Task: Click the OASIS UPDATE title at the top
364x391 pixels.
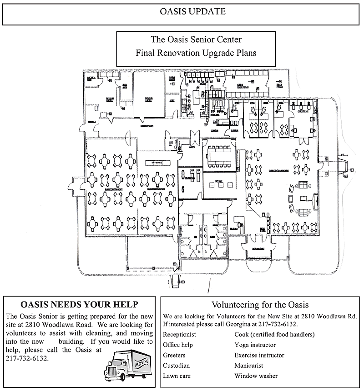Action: (182, 12)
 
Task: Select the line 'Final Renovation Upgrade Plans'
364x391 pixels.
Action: (196, 53)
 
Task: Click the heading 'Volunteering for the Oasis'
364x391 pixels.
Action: (261, 304)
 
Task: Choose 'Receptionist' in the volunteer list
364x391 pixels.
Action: (178, 335)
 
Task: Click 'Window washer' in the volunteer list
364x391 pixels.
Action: (256, 376)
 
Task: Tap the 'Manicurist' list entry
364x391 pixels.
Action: (249, 366)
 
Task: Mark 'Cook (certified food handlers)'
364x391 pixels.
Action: (274, 335)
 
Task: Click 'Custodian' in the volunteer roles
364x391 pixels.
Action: (176, 366)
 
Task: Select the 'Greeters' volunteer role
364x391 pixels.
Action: (174, 355)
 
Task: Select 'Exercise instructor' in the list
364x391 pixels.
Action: (259, 355)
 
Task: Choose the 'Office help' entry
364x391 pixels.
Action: (177, 345)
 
